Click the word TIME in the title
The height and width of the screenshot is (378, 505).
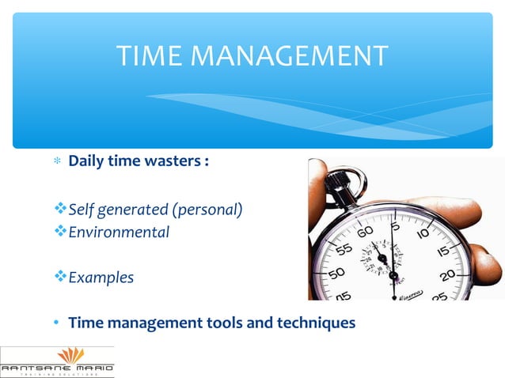tap(146, 56)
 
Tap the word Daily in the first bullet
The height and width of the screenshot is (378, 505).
tap(87, 161)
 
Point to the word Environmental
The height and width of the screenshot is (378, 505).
tap(119, 232)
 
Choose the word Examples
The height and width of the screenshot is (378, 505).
tap(101, 278)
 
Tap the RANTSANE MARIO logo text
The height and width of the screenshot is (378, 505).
tap(56, 368)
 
